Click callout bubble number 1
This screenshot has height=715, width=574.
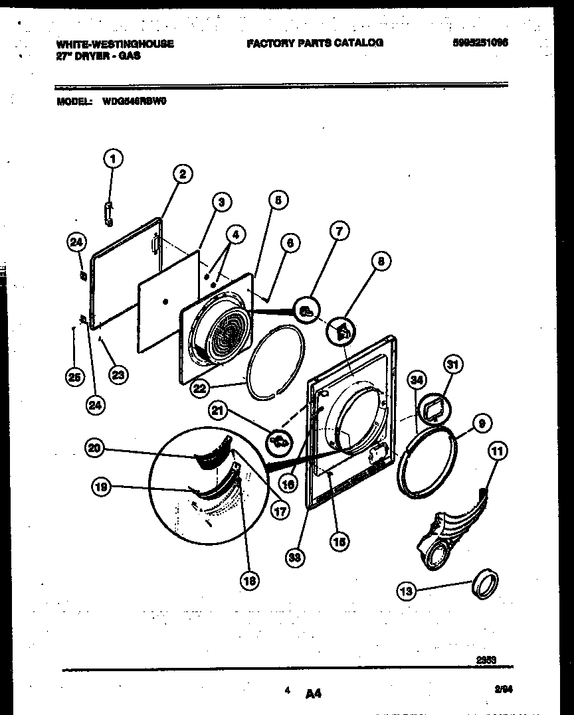[113, 159]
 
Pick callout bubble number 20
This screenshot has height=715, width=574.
[95, 449]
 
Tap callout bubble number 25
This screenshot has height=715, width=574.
[74, 377]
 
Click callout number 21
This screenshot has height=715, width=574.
[218, 412]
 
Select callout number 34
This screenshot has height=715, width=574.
[417, 380]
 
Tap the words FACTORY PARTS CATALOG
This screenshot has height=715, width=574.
[315, 42]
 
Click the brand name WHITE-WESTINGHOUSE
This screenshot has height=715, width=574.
[115, 44]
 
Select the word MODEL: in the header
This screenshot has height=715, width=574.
[74, 102]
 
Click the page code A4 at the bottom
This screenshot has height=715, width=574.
[314, 694]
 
